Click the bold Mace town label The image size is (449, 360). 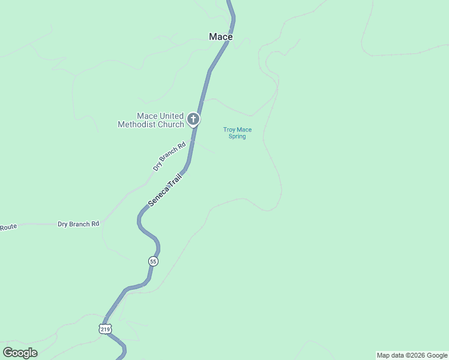pos(221,37)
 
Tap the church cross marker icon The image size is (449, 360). pos(193,119)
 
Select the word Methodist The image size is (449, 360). pos(139,125)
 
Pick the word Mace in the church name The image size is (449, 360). pos(147,116)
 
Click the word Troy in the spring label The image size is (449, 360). pos(229,130)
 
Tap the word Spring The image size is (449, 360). pos(237,136)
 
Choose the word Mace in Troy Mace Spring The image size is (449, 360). pos(244,130)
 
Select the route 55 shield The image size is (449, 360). pos(153,262)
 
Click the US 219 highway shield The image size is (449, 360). pos(106,329)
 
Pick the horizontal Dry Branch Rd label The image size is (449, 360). pos(78,224)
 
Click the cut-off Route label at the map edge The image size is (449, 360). pos(8,227)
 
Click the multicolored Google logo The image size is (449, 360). pos(20,353)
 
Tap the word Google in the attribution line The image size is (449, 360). pos(438,355)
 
